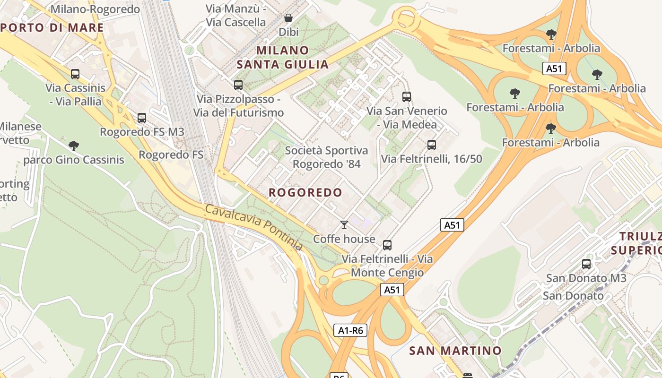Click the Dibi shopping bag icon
288,18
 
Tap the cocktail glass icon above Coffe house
344,225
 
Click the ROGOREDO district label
305,192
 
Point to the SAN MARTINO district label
455,351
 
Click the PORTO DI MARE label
52,27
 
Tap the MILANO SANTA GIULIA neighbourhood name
283,57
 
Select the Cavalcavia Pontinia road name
253,227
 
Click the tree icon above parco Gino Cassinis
73,146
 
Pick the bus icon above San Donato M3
586,264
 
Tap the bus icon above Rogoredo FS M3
142,118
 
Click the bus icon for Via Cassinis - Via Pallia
75,74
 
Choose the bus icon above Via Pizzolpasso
238,85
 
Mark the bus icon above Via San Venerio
407,97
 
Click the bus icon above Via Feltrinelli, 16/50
431,145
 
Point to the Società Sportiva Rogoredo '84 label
326,157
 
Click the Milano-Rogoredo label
95,9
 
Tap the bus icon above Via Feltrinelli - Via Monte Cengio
387,245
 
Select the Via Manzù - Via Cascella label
236,15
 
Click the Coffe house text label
344,239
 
